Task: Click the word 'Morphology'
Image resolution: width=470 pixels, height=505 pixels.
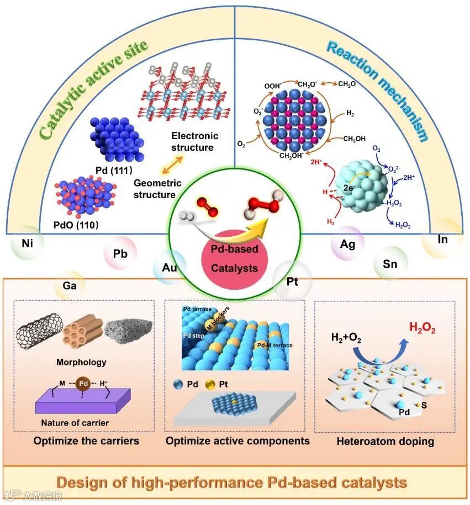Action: click(x=81, y=363)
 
